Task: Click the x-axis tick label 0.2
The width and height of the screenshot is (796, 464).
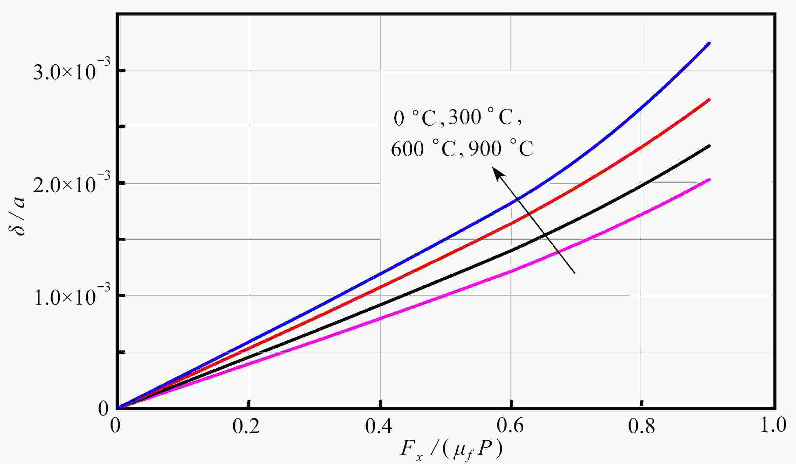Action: point(246,427)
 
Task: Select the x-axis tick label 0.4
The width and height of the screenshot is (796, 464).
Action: point(379,427)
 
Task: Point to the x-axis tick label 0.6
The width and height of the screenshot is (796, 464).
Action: point(511,427)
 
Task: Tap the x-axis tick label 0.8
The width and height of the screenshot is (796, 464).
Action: point(641,427)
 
